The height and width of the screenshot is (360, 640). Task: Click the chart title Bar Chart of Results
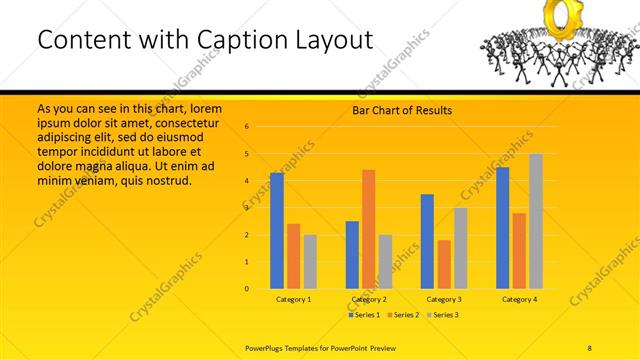click(x=401, y=110)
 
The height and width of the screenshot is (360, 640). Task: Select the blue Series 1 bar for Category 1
click(x=277, y=231)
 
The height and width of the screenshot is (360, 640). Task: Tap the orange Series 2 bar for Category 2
click(x=368, y=229)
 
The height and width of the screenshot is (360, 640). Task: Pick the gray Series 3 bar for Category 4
click(x=536, y=221)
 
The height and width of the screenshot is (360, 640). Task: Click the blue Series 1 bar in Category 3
click(x=427, y=241)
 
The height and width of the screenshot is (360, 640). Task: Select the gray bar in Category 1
click(x=310, y=262)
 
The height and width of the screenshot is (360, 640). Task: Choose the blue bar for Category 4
click(x=502, y=228)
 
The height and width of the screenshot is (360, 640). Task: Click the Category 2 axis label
click(x=368, y=299)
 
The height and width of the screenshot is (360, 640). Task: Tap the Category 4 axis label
click(x=519, y=299)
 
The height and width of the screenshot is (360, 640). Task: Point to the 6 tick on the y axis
click(x=246, y=127)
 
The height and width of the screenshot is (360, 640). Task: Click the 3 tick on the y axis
click(x=246, y=208)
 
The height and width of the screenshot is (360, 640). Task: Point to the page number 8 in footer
click(x=590, y=346)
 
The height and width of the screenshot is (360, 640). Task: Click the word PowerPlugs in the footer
click(x=266, y=346)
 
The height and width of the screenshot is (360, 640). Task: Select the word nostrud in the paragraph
click(x=166, y=181)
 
